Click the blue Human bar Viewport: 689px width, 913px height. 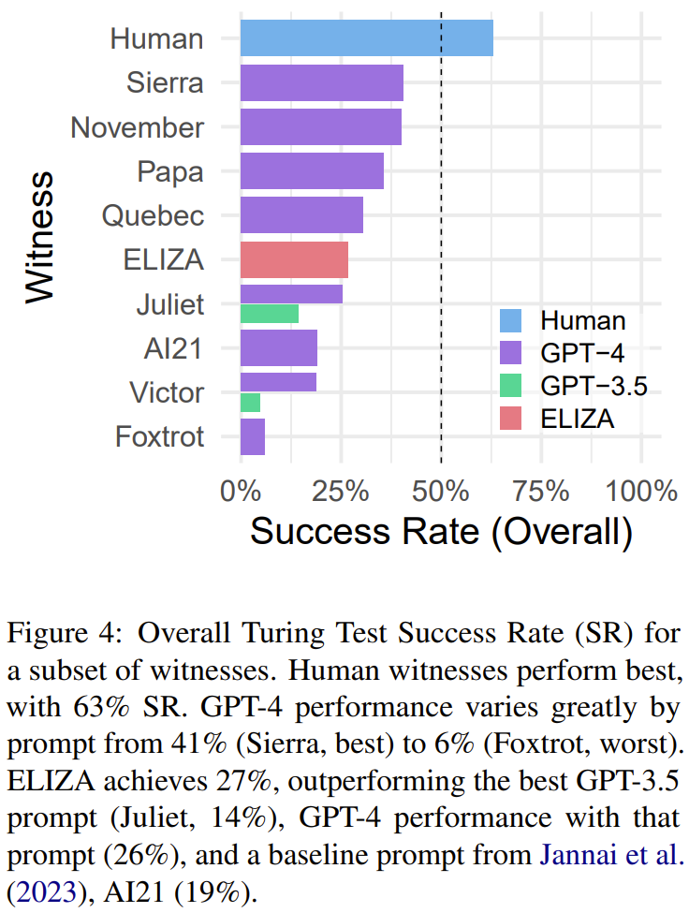366,38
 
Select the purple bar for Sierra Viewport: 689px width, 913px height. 321,82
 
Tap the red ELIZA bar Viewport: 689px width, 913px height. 294,259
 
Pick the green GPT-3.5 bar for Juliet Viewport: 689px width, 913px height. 270,315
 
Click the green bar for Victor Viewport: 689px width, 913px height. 250,403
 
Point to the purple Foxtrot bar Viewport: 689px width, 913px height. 253,436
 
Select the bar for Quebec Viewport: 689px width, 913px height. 301,215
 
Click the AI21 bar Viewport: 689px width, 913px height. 279,348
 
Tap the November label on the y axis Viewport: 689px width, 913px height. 137,127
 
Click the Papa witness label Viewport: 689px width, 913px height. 169,171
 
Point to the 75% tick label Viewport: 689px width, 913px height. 541,490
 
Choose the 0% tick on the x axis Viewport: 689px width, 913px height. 241,490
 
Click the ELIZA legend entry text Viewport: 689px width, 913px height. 577,419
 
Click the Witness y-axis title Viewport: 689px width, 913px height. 38,236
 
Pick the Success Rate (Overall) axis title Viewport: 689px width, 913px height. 441,532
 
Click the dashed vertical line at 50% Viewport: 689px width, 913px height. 441,281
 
